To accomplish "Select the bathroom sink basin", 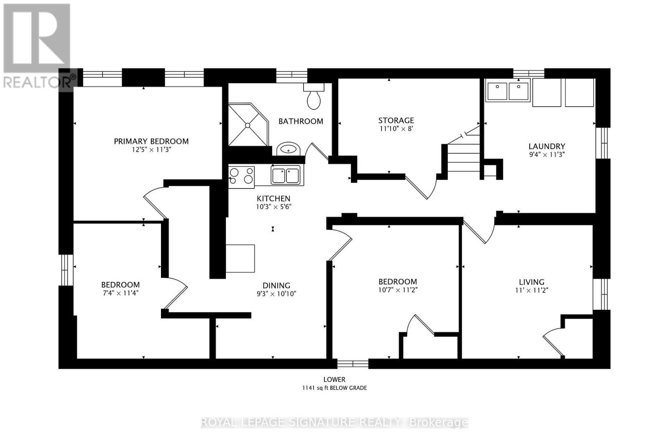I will pos(287,149).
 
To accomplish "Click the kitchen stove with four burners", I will pos(242,176).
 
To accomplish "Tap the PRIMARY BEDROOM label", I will pos(151,141).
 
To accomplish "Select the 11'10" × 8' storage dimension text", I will pos(396,129).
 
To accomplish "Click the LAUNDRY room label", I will pos(546,146).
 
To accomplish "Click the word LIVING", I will pos(531,282).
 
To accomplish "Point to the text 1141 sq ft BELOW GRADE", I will pos(334,388).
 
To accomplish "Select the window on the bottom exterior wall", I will pos(352,363).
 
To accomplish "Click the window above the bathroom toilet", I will pos(291,75).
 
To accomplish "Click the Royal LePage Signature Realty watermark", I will pos(334,422).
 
